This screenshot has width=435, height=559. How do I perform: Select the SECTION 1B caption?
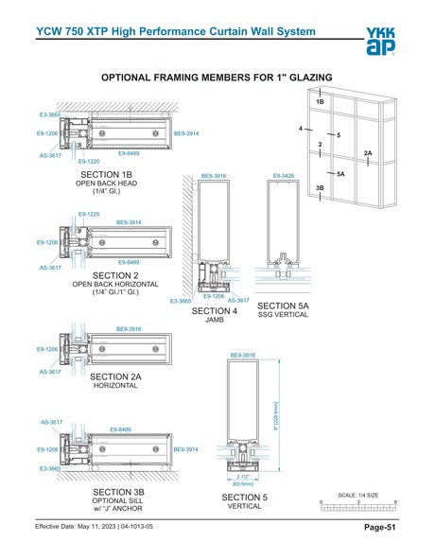click(107, 175)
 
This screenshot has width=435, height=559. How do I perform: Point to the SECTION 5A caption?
click(284, 306)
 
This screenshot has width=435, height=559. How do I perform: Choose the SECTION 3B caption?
click(118, 493)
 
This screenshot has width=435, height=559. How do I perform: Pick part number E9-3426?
click(284, 176)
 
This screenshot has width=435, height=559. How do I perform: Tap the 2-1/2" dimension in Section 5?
click(243, 478)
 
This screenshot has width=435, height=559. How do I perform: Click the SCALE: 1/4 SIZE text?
click(358, 494)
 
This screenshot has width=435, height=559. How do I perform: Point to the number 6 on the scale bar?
click(395, 501)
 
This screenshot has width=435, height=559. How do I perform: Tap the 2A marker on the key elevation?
click(369, 152)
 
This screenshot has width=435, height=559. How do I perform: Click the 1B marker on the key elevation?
click(321, 100)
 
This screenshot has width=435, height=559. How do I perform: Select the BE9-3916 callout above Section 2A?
click(129, 328)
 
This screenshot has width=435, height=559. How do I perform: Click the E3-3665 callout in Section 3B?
click(49, 468)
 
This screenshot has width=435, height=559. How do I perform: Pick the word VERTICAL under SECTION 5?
click(244, 506)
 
